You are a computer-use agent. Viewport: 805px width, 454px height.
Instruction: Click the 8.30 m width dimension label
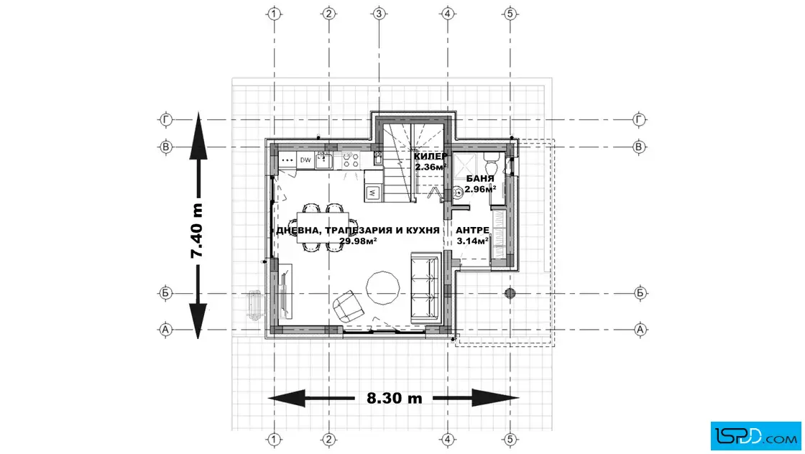click(395, 398)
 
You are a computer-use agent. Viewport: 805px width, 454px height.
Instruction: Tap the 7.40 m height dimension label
click(197, 231)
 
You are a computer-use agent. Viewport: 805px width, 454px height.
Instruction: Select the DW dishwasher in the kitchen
click(305, 160)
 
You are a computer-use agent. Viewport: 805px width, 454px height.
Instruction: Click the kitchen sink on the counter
click(323, 160)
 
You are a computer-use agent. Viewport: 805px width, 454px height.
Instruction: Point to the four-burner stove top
click(351, 160)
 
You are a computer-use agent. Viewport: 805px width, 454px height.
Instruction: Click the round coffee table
click(382, 288)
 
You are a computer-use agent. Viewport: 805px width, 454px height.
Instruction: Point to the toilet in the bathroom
click(490, 165)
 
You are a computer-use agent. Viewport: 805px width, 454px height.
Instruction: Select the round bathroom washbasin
click(457, 193)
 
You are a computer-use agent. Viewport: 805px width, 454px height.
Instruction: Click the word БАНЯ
click(480, 179)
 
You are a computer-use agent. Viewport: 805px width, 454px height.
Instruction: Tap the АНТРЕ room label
click(472, 231)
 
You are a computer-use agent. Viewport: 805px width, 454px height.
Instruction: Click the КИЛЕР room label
click(431, 157)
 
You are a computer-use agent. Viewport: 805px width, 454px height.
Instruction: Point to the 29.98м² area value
click(358, 241)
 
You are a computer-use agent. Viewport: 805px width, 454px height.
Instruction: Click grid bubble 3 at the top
click(379, 14)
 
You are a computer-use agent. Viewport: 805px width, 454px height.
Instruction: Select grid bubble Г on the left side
click(165, 119)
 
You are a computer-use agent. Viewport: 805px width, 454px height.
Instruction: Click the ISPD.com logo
click(755, 436)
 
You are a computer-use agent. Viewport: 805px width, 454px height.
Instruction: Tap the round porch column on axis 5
click(510, 293)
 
